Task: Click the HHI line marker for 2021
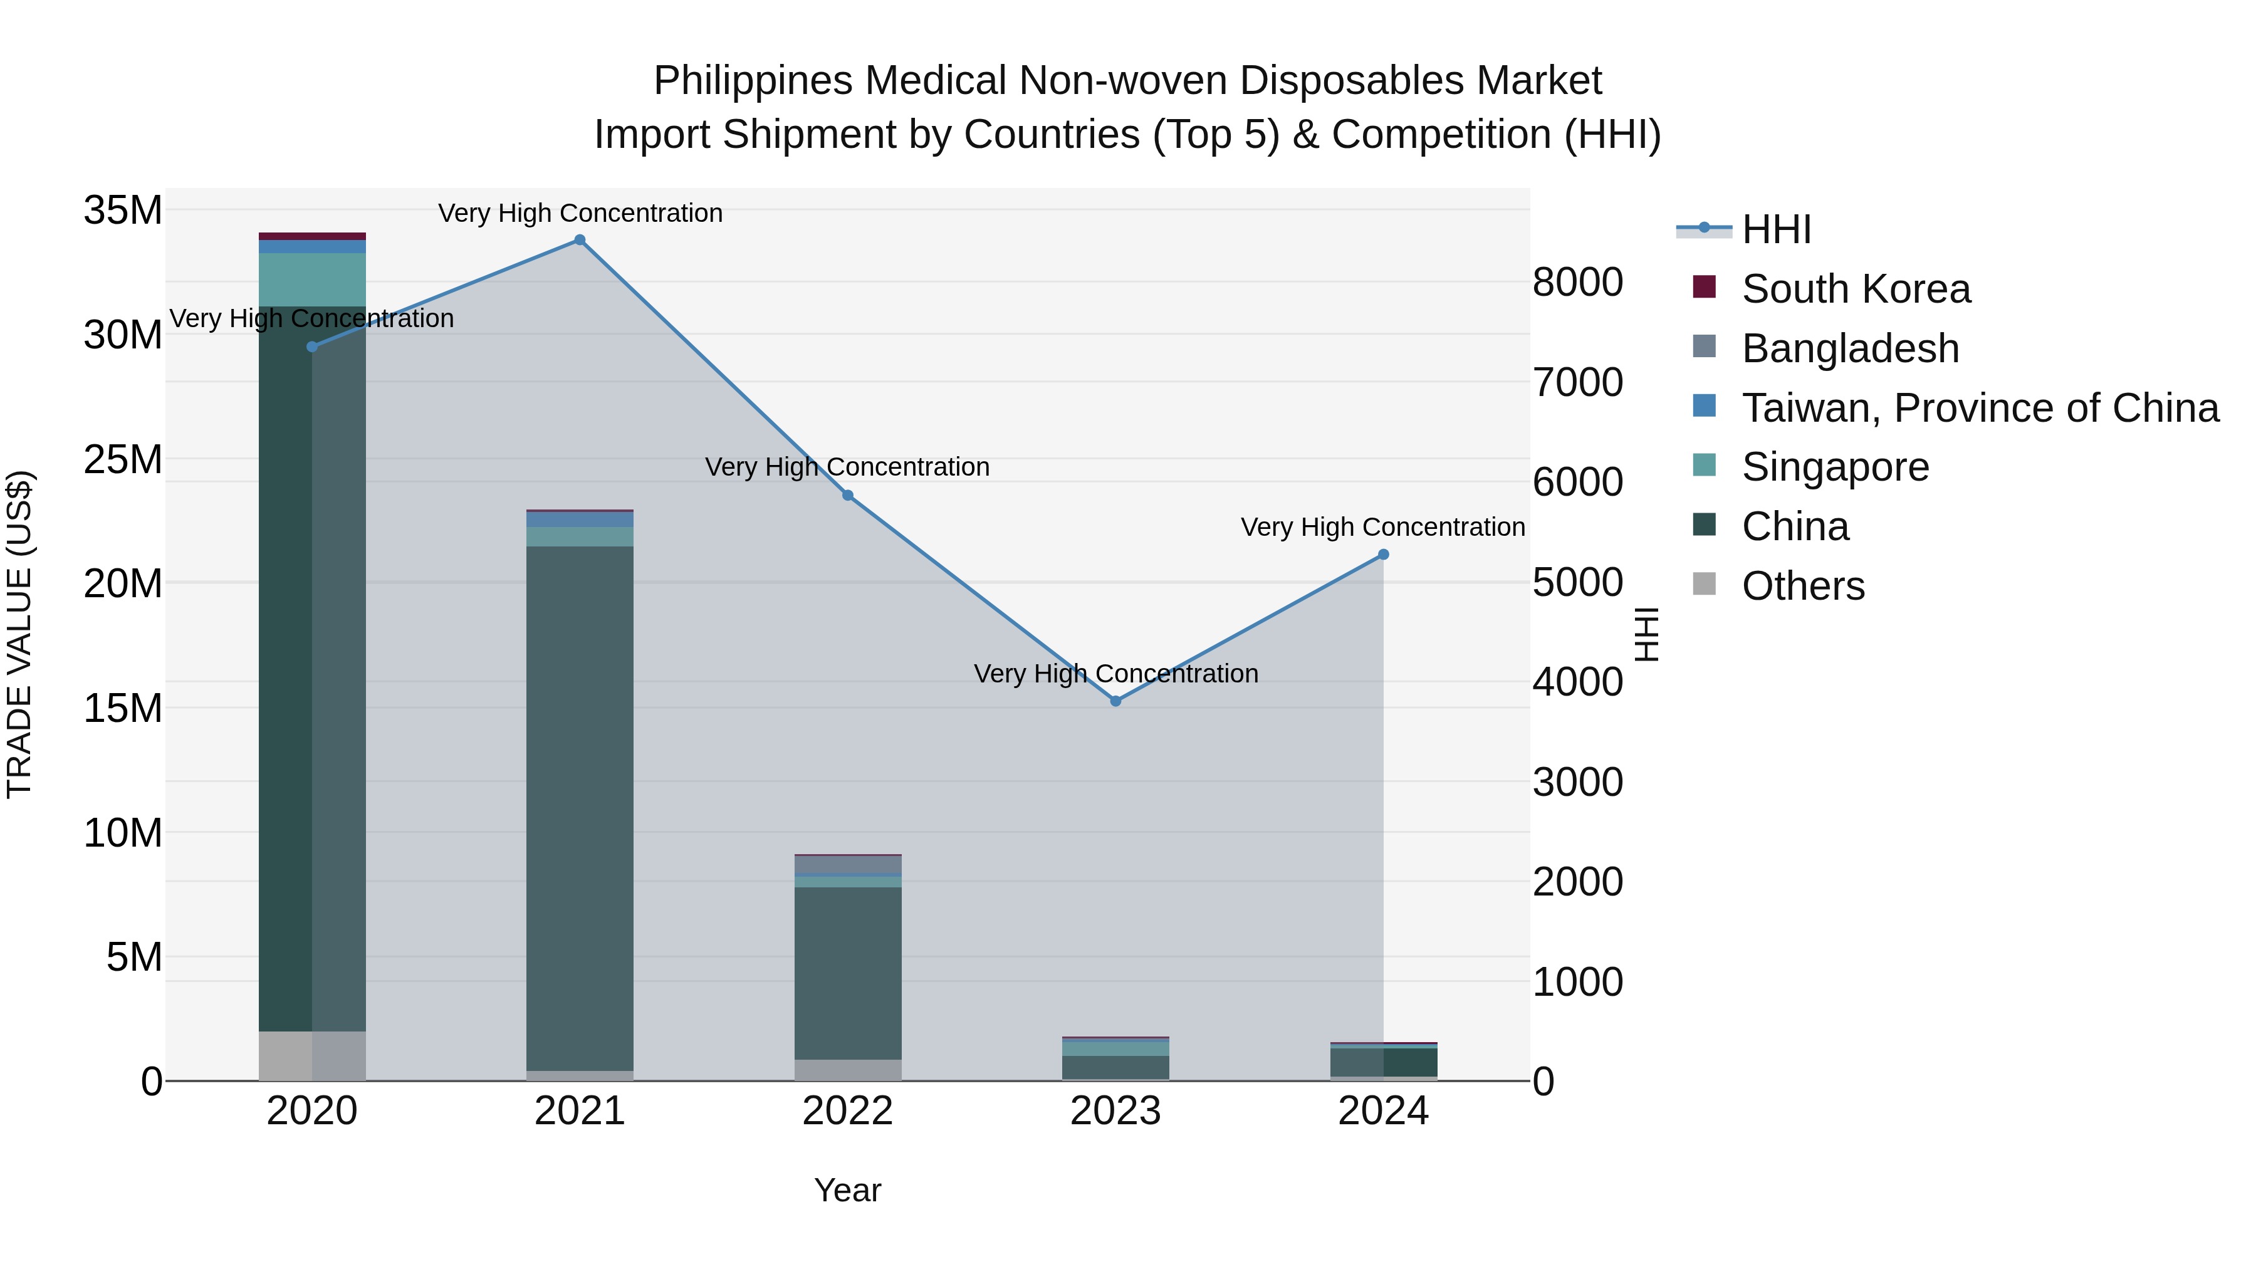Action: click(580, 240)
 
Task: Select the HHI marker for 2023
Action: click(1115, 701)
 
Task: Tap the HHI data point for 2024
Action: click(1384, 555)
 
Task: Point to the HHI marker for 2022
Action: click(848, 496)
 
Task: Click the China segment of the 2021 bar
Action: click(580, 806)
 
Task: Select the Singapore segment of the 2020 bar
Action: click(312, 279)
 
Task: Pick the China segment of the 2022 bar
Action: click(848, 972)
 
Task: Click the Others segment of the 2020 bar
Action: click(312, 1055)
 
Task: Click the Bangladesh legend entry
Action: click(1850, 348)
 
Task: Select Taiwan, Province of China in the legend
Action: click(1979, 408)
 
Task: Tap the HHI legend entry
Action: click(1776, 229)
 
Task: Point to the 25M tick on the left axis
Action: click(123, 460)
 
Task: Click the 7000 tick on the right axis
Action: click(1577, 383)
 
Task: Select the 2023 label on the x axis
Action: click(1115, 1111)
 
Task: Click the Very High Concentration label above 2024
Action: click(1383, 527)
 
